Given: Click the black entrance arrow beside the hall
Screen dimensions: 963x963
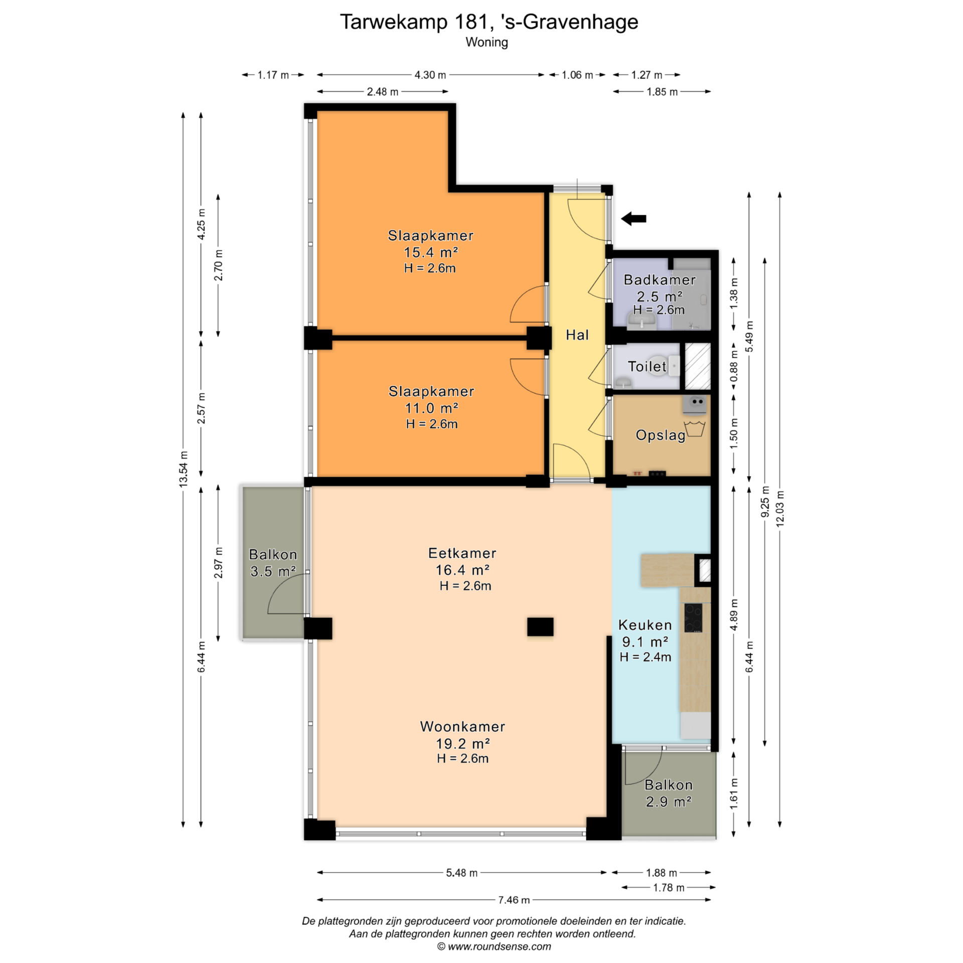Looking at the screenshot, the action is [633, 218].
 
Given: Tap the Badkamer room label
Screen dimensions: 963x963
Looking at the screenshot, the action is [660, 280].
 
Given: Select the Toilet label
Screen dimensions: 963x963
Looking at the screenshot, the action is [647, 367].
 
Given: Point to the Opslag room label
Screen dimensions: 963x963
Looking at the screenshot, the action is [661, 435].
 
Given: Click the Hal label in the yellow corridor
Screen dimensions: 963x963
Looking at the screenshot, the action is [577, 335].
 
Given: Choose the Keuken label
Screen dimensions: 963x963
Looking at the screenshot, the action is [645, 625].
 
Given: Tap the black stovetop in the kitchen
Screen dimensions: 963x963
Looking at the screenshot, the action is [693, 617].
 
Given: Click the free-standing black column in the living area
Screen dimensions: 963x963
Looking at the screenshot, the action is [540, 626].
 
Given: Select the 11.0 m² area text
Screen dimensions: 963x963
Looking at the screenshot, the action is [431, 408].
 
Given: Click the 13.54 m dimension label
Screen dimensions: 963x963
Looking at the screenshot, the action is [184, 469].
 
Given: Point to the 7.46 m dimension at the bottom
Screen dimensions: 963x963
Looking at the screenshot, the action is [514, 900].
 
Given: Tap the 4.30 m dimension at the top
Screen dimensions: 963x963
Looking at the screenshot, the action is [430, 75].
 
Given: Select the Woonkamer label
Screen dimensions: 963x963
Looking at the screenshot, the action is [462, 727].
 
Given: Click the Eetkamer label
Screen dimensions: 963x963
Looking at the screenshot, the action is [462, 553].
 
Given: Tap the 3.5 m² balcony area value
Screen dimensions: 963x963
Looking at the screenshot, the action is [273, 571].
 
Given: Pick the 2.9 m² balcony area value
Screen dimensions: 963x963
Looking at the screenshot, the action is [669, 801].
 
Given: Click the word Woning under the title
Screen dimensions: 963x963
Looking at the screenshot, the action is [487, 42].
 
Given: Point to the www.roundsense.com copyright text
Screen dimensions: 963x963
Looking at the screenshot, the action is [494, 946].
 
